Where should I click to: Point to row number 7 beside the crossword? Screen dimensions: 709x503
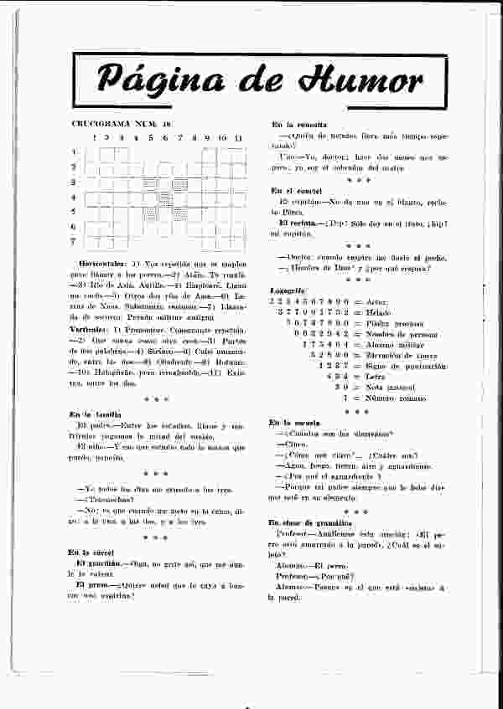point(74,242)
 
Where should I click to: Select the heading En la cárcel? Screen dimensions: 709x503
point(91,552)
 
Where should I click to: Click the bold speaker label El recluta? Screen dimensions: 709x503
point(298,222)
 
